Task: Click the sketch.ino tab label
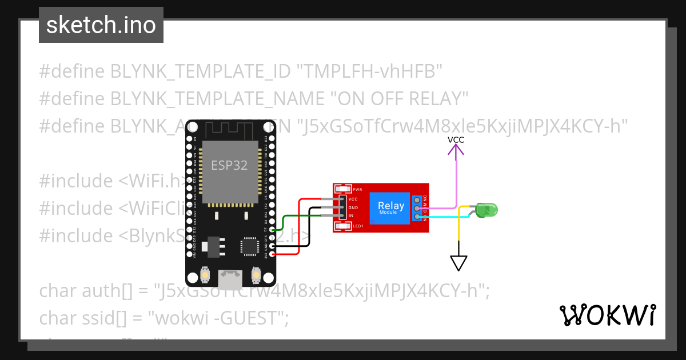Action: [101, 25]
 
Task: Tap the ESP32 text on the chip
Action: [229, 165]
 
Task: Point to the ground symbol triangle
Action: [458, 262]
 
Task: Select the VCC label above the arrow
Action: [456, 139]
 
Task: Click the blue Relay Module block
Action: [391, 207]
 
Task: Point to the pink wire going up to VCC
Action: [456, 183]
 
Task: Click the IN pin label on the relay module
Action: [351, 216]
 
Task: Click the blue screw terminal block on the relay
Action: [418, 208]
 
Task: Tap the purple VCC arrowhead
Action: [456, 150]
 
